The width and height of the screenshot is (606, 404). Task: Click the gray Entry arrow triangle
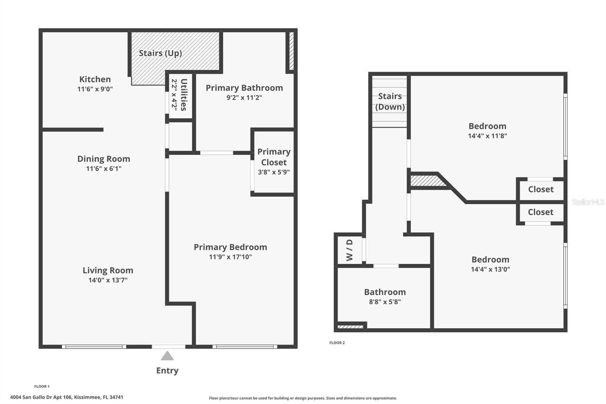pyautogui.click(x=167, y=356)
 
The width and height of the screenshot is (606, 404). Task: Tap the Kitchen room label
pyautogui.click(x=95, y=79)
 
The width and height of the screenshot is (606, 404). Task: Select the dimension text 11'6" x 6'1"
pyautogui.click(x=104, y=169)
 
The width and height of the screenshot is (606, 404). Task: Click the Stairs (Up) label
pyautogui.click(x=160, y=53)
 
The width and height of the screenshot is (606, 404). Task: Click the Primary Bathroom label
pyautogui.click(x=244, y=88)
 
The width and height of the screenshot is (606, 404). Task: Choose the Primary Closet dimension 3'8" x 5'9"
pyautogui.click(x=274, y=172)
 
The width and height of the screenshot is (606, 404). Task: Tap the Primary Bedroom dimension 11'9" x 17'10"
pyautogui.click(x=230, y=257)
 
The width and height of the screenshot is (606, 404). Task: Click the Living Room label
pyautogui.click(x=108, y=270)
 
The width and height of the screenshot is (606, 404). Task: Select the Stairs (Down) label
pyautogui.click(x=390, y=102)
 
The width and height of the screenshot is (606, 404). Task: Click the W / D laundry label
pyautogui.click(x=350, y=250)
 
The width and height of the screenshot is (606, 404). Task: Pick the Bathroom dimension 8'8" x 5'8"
pyautogui.click(x=385, y=302)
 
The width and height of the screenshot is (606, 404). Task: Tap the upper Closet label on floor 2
pyautogui.click(x=540, y=189)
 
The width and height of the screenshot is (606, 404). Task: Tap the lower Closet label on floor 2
pyautogui.click(x=540, y=212)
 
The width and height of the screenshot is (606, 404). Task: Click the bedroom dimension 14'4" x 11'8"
pyautogui.click(x=487, y=136)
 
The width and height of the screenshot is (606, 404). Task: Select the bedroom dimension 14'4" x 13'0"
pyautogui.click(x=490, y=269)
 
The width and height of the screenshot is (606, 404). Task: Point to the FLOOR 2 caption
pyautogui.click(x=337, y=343)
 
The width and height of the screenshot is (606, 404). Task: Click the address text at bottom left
pyautogui.click(x=67, y=397)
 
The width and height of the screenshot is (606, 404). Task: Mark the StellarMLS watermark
pyautogui.click(x=588, y=202)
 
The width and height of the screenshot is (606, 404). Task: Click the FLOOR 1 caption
pyautogui.click(x=42, y=387)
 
